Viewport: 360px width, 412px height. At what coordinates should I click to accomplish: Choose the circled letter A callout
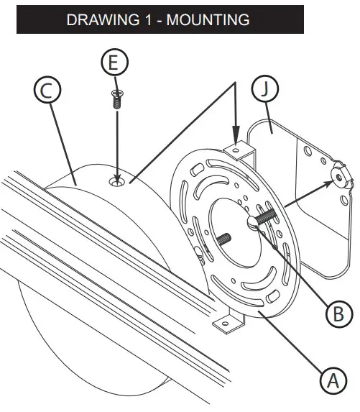(x=330, y=380)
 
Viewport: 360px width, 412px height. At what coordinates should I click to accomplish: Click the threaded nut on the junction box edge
(x=337, y=177)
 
